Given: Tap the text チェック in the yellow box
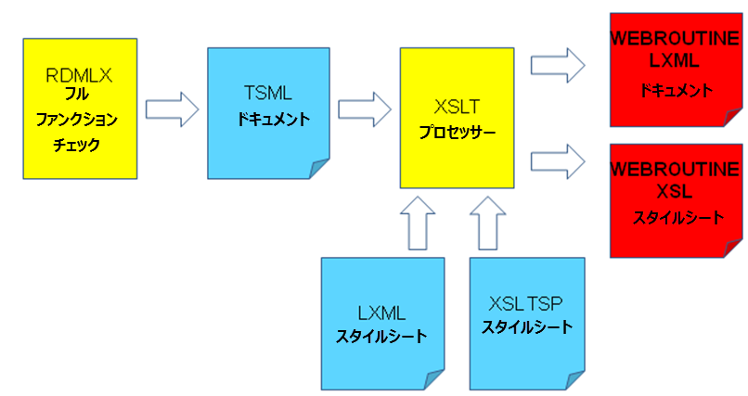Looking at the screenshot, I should [x=78, y=146].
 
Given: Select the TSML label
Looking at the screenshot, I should [x=267, y=94].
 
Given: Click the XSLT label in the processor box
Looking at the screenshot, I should [x=456, y=108].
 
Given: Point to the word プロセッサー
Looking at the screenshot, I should [x=456, y=133].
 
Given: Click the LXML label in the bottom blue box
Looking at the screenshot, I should [x=381, y=313].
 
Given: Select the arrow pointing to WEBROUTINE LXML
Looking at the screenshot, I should [x=558, y=64].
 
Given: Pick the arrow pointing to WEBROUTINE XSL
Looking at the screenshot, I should [x=558, y=160].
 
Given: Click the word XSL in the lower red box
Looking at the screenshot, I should [x=675, y=192].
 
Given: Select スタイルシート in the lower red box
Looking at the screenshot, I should [x=675, y=219].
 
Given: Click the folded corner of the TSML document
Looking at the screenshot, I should [x=318, y=167].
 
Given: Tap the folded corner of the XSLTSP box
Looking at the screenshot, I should [x=574, y=377].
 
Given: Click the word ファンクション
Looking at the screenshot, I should [x=78, y=121].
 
